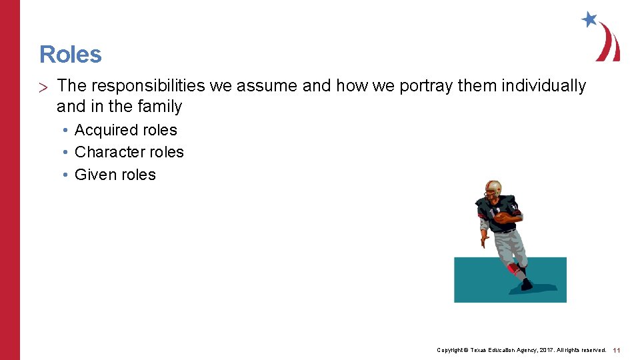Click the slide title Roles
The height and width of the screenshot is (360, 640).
pos(71,55)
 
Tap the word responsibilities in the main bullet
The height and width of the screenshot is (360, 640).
pos(147,86)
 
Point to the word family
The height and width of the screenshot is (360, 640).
pos(159,106)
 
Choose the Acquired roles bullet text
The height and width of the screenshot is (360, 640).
pos(126,130)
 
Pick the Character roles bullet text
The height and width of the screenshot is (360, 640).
pos(129,152)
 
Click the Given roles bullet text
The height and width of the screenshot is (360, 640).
pos(115,175)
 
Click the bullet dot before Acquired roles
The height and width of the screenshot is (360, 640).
pos(67,130)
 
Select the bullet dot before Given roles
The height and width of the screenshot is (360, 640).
pos(67,175)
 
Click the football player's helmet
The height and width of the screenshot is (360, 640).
pos(493,189)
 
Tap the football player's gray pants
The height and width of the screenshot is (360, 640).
pos(505,247)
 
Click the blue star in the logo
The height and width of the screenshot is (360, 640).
pos(589,19)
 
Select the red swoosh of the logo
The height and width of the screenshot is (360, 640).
pos(609,43)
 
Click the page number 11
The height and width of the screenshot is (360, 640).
pos(617,350)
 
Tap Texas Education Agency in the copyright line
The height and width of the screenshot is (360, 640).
pos(497,350)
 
